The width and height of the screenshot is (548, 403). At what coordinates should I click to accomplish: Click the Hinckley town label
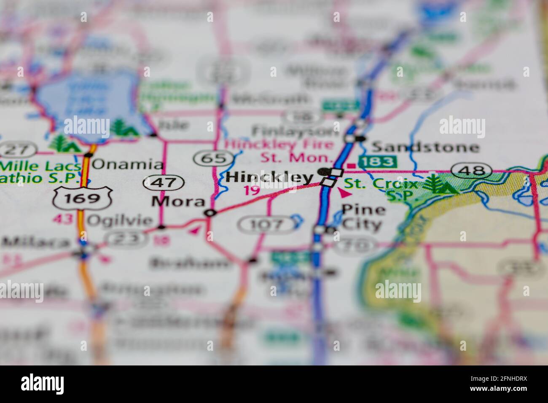coord(270,177)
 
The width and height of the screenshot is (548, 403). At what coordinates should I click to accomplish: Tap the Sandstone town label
coord(425,147)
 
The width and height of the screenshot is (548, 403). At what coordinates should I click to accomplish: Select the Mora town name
coord(178,201)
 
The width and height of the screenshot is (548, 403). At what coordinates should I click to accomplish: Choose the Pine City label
coord(363,217)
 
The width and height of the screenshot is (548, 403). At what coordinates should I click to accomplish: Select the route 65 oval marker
coord(214,159)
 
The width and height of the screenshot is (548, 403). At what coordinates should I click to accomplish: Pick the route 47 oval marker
coord(163,183)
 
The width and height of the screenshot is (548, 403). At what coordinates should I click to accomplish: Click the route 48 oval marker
coord(472,171)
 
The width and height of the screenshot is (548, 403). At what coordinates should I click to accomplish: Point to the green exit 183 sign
coord(378,161)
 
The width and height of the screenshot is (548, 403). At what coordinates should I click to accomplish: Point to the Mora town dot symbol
coord(210,213)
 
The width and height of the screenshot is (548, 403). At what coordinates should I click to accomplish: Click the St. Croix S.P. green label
coord(384,190)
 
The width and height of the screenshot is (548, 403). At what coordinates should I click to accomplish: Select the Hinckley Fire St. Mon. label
coord(278,151)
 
